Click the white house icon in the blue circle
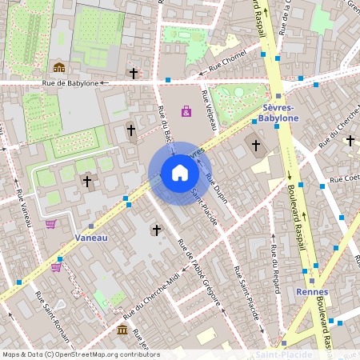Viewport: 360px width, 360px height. click(x=180, y=173)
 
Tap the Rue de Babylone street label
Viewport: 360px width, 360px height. click(x=70, y=82)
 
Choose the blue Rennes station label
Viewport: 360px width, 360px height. click(x=311, y=292)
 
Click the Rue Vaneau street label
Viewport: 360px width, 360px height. click(x=22, y=199)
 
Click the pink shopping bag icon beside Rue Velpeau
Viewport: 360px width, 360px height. click(x=186, y=111)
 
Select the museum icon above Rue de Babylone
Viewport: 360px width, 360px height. click(x=58, y=67)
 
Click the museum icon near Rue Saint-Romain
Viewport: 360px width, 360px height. click(x=122, y=330)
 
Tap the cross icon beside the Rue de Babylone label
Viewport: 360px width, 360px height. click(x=134, y=74)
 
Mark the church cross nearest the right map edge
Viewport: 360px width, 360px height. click(x=350, y=141)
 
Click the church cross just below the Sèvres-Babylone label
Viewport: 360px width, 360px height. click(x=256, y=146)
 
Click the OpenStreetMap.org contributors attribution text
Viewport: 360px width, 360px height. click(x=107, y=354)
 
